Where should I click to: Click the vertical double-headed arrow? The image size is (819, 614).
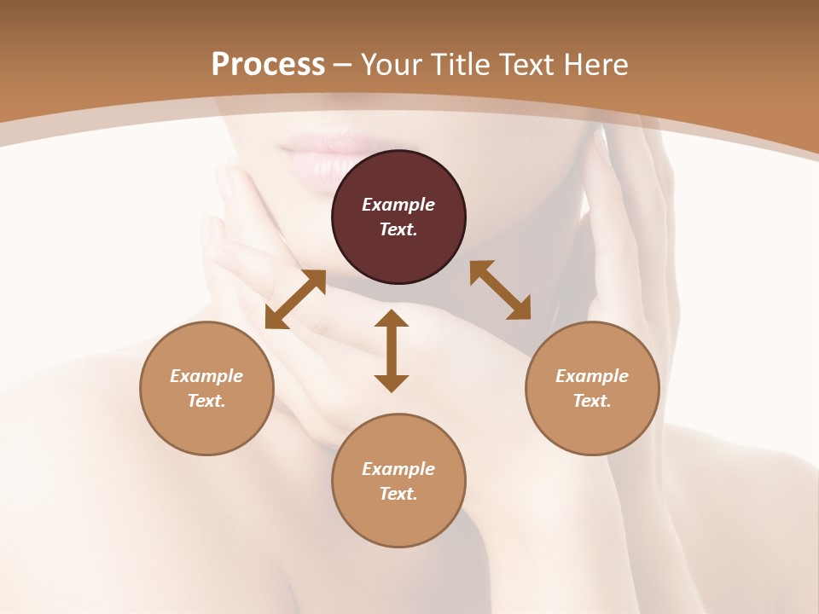[392, 350]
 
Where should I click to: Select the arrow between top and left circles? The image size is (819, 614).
[295, 299]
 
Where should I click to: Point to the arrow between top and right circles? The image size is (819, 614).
[501, 290]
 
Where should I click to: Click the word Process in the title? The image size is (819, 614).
[268, 64]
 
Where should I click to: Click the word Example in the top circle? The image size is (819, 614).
[398, 205]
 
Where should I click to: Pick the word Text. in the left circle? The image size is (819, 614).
[206, 401]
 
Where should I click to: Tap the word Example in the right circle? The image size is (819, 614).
[592, 376]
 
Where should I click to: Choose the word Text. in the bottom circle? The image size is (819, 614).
[398, 494]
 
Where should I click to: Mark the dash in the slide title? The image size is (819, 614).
[343, 65]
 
